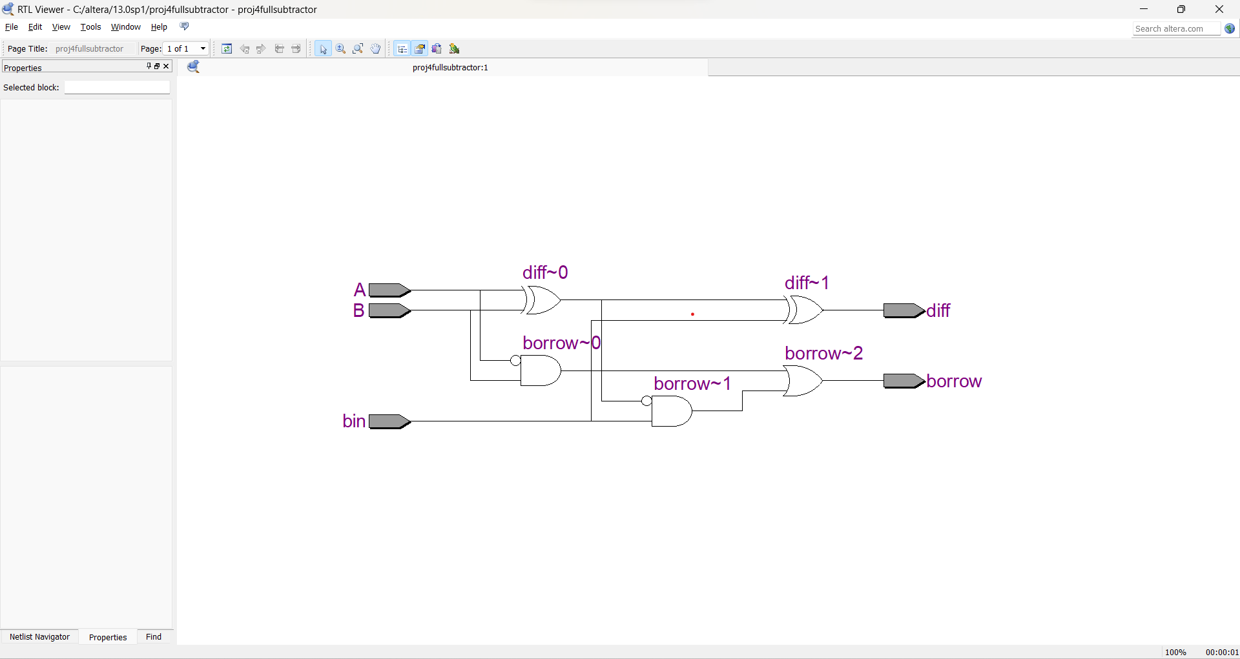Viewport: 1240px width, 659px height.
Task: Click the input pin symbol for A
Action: coord(389,290)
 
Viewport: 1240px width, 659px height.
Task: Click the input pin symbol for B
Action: coord(389,310)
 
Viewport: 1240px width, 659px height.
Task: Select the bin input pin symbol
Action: coord(389,421)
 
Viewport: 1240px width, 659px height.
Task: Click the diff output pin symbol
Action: coord(903,310)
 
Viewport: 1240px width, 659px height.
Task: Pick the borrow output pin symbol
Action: coord(903,381)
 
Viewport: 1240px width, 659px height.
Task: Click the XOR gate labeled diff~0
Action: coord(542,300)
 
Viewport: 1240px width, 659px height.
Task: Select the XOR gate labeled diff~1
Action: coord(805,310)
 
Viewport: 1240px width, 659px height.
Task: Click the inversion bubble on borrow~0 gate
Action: coord(515,361)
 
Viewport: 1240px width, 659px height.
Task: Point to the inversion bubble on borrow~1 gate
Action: coord(646,401)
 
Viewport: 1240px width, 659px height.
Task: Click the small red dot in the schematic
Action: coord(692,314)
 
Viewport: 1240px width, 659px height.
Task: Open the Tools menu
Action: coord(90,27)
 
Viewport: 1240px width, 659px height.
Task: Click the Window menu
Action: coord(125,27)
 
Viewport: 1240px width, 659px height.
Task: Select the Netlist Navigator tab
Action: coord(39,637)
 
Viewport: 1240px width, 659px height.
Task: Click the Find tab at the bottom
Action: coord(154,637)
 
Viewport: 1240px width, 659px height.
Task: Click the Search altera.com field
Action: coord(1175,28)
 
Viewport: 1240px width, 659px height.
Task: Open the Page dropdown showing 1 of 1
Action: coord(186,48)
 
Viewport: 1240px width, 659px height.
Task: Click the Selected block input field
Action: coord(117,88)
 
